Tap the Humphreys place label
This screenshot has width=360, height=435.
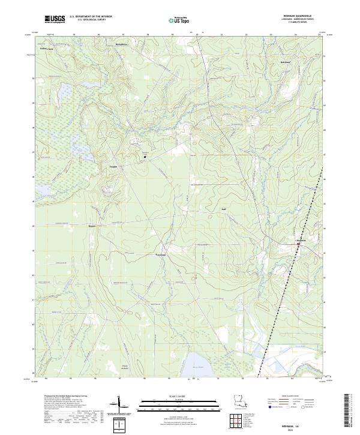[122, 45]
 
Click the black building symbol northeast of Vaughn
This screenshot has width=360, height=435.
[145, 158]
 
